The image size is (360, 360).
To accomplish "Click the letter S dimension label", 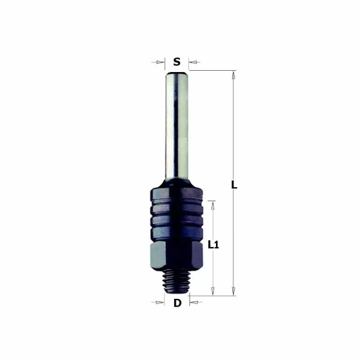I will pos(176,61).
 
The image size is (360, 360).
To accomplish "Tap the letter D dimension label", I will pos(177,303).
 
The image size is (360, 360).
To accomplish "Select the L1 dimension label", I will pos(212,245).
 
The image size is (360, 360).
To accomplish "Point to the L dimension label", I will pos(234,185).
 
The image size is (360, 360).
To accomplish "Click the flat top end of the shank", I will pos(177,71).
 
